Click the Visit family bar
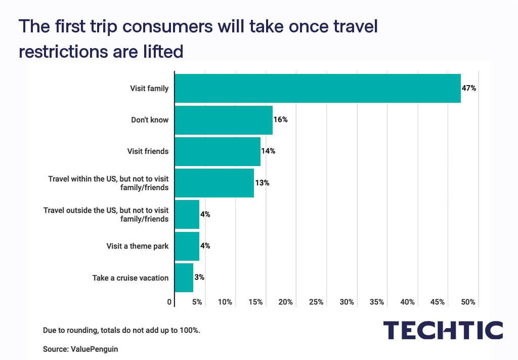[318, 88]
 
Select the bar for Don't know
[224, 120]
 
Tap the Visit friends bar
[218, 151]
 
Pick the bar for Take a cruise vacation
[184, 277]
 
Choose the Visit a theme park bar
[187, 246]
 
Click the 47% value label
[469, 88]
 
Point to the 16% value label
[281, 120]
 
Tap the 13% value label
[262, 183]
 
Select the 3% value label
[199, 277]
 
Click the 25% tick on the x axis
[316, 302]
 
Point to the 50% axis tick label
[468, 302]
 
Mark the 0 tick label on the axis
[169, 302]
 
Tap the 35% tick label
[377, 302]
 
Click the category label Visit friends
[148, 151]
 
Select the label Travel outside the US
[106, 210]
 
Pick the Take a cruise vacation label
[131, 277]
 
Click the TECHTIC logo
[443, 331]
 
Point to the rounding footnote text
[121, 330]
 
